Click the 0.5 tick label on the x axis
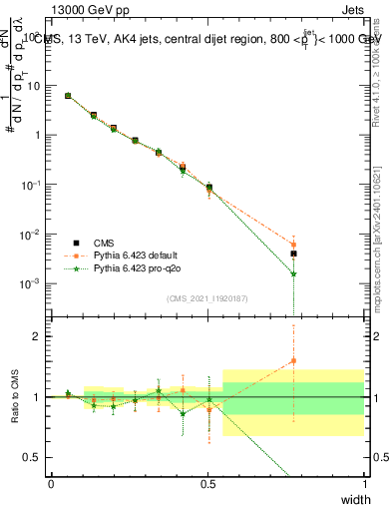[x=207, y=484]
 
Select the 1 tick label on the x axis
[x=364, y=484]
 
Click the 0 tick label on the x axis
[x=51, y=484]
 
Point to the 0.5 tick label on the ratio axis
[x=32, y=457]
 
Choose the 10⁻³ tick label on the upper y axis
[x=30, y=284]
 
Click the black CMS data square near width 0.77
[x=293, y=254]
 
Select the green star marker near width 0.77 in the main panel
[x=293, y=273]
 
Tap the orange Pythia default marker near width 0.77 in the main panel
[x=293, y=244]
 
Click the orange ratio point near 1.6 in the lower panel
[x=293, y=360]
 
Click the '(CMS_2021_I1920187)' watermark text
[x=206, y=297]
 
